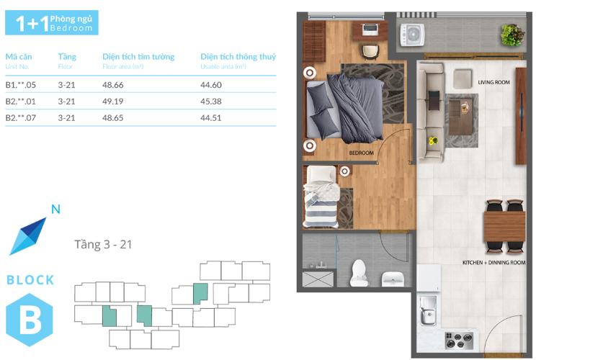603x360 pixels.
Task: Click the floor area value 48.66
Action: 112,85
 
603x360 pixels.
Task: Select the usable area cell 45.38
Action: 211,102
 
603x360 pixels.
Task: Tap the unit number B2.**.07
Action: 20,118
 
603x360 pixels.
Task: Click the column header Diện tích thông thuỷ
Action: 238,57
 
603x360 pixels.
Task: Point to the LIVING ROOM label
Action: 493,82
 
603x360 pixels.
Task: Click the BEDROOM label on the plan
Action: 361,153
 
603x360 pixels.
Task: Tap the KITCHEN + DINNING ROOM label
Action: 493,263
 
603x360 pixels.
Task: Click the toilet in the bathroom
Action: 359,273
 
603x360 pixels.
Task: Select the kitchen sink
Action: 428,310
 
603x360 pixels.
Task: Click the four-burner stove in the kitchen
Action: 459,341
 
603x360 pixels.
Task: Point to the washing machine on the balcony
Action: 412,35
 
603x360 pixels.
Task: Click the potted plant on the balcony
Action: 513,35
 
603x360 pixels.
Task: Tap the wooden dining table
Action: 504,226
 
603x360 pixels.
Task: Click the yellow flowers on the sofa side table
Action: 434,140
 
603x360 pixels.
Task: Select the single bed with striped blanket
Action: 321,197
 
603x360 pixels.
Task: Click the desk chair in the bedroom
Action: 370,53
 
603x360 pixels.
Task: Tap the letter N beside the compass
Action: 55,210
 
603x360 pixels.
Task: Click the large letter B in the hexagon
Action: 30,320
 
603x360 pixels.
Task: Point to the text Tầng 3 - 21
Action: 103,244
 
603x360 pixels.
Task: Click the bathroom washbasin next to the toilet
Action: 393,279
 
